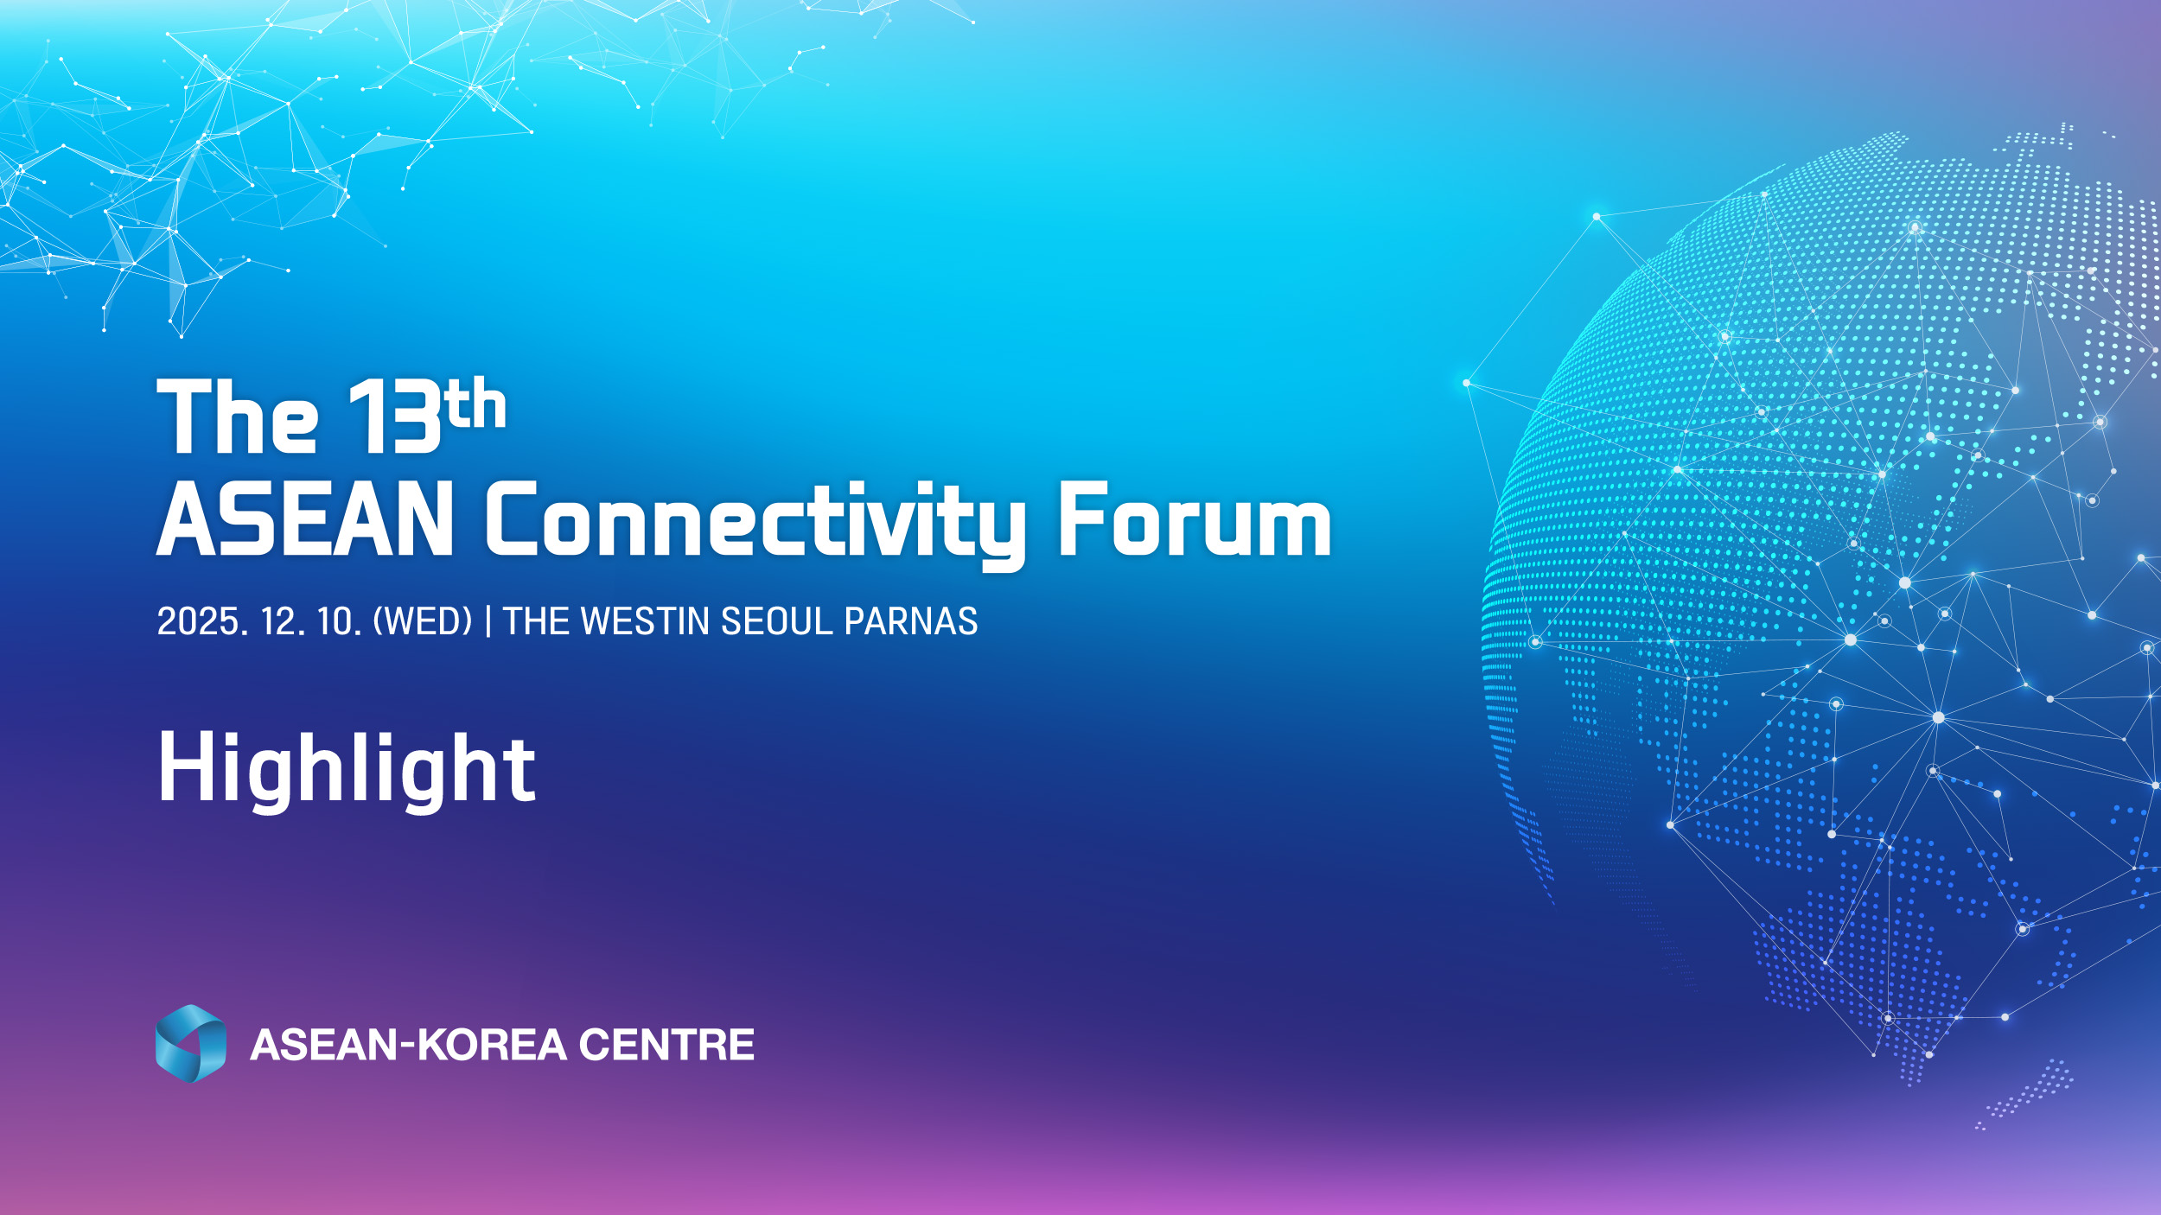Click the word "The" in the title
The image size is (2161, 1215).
[x=238, y=417]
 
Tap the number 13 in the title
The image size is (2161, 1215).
[x=394, y=417]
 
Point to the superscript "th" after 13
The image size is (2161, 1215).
[x=476, y=404]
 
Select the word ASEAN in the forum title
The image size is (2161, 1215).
[x=305, y=518]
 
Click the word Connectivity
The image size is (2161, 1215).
[x=755, y=525]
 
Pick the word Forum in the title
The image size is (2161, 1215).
[x=1195, y=518]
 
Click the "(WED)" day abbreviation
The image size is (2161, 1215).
[x=423, y=621]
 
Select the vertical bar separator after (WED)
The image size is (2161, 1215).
[x=488, y=621]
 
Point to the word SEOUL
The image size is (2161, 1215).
[x=776, y=621]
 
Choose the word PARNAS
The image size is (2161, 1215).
[x=911, y=621]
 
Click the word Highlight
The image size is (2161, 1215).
[x=347, y=768]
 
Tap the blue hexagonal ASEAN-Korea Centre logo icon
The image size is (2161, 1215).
[x=191, y=1043]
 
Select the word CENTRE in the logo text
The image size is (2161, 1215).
[x=666, y=1045]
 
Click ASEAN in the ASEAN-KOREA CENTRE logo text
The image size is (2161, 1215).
[x=323, y=1045]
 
